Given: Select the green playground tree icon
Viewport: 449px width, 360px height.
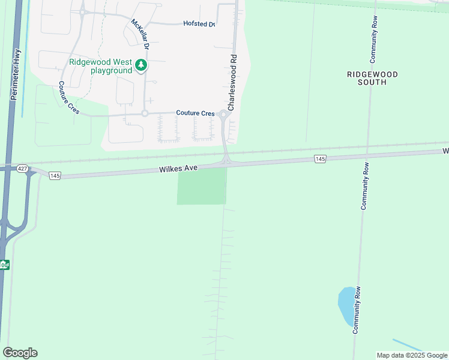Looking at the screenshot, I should click(x=141, y=64).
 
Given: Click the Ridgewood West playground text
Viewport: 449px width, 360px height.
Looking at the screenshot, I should click(x=100, y=66).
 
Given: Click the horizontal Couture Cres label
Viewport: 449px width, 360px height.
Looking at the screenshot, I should click(x=195, y=113).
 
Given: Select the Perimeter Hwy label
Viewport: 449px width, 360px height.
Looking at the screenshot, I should click(x=16, y=74).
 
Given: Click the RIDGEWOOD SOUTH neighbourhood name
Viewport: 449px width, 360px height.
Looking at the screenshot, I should click(x=372, y=78).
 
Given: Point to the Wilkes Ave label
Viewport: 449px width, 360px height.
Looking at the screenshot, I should click(x=178, y=170).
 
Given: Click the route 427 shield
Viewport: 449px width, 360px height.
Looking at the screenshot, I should click(x=23, y=169).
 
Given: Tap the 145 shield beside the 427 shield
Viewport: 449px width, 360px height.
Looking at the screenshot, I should click(x=55, y=175).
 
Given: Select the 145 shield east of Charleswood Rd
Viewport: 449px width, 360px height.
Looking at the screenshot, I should click(x=319, y=158).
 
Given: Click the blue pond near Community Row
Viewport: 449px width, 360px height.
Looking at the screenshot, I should click(x=347, y=306).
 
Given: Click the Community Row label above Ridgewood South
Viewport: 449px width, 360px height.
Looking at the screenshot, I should click(x=373, y=44).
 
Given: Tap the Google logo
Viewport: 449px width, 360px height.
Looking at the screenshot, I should click(x=20, y=353).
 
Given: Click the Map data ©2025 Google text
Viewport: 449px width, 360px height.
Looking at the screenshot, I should click(x=412, y=355).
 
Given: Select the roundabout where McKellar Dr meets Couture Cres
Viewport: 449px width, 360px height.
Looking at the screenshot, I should click(x=145, y=113).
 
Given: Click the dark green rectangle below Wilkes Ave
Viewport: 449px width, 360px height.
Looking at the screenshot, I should click(x=202, y=186).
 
